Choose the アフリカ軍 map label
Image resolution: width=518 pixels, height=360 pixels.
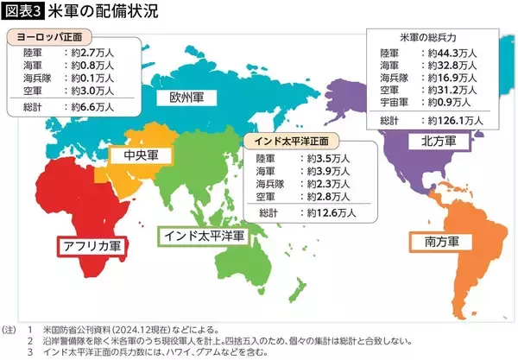click(90, 245)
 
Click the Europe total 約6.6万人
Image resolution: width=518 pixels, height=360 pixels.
click(89, 108)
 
